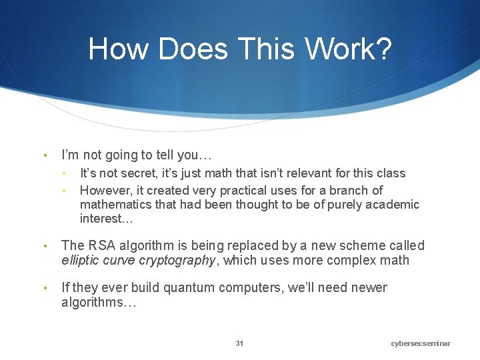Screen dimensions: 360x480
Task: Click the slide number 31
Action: [239, 343]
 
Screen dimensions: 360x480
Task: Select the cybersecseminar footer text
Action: [421, 343]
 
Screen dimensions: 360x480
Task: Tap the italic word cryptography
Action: [179, 260]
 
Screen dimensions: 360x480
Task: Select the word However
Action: [103, 190]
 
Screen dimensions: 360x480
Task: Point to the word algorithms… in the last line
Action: [99, 302]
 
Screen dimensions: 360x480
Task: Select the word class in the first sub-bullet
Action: [390, 173]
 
